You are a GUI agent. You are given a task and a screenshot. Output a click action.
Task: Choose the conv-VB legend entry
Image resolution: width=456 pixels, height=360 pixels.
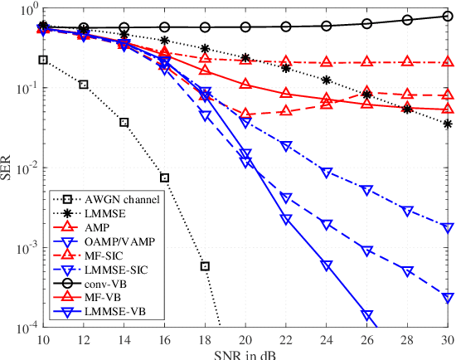point(113,283)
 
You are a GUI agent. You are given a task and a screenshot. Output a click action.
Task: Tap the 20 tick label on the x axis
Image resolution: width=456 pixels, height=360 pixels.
point(245,340)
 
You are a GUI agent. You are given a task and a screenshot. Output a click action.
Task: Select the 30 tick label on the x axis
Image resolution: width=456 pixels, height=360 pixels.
point(448,340)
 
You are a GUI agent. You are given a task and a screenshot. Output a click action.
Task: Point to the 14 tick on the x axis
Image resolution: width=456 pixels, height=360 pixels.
point(124,340)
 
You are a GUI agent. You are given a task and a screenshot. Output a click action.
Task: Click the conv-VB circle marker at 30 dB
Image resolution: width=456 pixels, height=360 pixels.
point(448,17)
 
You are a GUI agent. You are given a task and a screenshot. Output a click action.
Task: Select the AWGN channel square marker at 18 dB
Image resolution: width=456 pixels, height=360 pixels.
point(205,266)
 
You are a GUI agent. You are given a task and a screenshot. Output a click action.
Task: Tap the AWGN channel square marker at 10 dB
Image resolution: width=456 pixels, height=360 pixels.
point(43,60)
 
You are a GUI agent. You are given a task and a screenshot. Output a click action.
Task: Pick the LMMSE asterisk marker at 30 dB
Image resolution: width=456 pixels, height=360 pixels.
point(448,124)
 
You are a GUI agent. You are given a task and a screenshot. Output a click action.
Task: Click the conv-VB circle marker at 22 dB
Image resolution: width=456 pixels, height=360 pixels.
point(286,27)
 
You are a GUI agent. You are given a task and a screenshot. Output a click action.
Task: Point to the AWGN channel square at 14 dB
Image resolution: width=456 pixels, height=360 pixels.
point(124,122)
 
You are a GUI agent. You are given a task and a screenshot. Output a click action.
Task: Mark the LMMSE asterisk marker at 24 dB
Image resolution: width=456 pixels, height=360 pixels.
point(327,80)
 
